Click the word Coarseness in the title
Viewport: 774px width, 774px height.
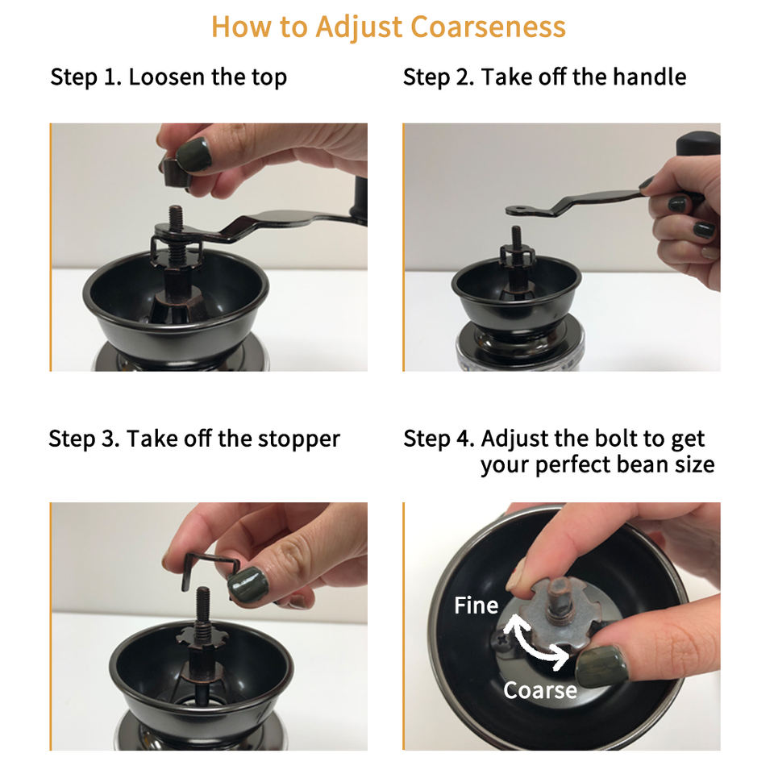tap(488, 27)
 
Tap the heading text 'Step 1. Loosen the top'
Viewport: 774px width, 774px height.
tap(169, 77)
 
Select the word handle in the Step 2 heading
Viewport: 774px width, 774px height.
tap(649, 77)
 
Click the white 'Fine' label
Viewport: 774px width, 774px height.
tap(476, 605)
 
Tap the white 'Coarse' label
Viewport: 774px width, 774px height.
tap(540, 690)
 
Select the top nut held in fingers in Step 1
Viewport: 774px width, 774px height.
tap(177, 173)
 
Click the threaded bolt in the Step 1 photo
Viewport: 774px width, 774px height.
tap(176, 232)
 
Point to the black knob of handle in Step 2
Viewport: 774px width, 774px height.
tap(698, 144)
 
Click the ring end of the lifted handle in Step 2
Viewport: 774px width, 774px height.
tap(518, 210)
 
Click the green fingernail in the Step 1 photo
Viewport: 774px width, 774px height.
tap(193, 155)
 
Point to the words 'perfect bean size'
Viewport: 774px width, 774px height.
tap(624, 465)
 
